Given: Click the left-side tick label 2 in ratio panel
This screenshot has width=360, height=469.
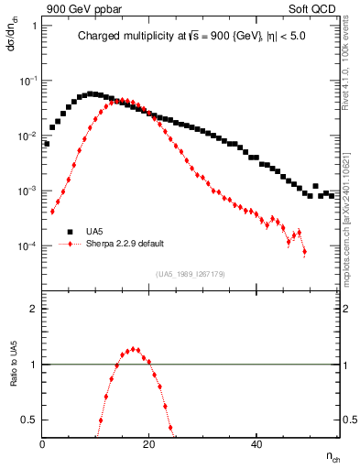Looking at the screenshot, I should point(33,309).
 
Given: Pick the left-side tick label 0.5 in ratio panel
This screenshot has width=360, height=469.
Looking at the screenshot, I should point(29,420).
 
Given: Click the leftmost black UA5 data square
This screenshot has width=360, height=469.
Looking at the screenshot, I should point(47,144).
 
